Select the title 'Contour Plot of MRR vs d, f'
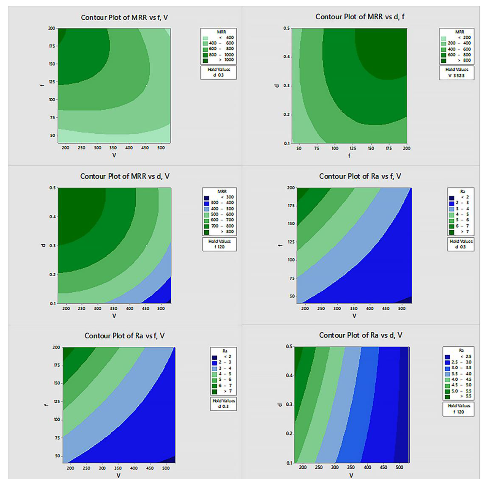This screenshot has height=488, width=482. tap(360, 17)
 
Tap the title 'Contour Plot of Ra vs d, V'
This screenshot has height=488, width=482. tap(360, 335)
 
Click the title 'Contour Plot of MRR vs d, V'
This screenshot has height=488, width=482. tap(125, 176)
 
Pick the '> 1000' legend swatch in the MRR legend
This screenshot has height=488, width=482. tap(205, 60)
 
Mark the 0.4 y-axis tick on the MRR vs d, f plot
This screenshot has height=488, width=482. tap(286, 57)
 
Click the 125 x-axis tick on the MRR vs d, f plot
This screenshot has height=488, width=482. tap(353, 148)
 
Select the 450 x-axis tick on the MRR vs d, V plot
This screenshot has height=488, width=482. tap(145, 308)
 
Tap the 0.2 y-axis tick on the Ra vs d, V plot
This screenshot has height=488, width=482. tap(289, 433)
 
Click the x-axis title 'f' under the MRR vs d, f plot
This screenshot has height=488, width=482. tap(349, 156)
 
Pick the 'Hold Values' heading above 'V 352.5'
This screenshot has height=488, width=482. tap(457, 69)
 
